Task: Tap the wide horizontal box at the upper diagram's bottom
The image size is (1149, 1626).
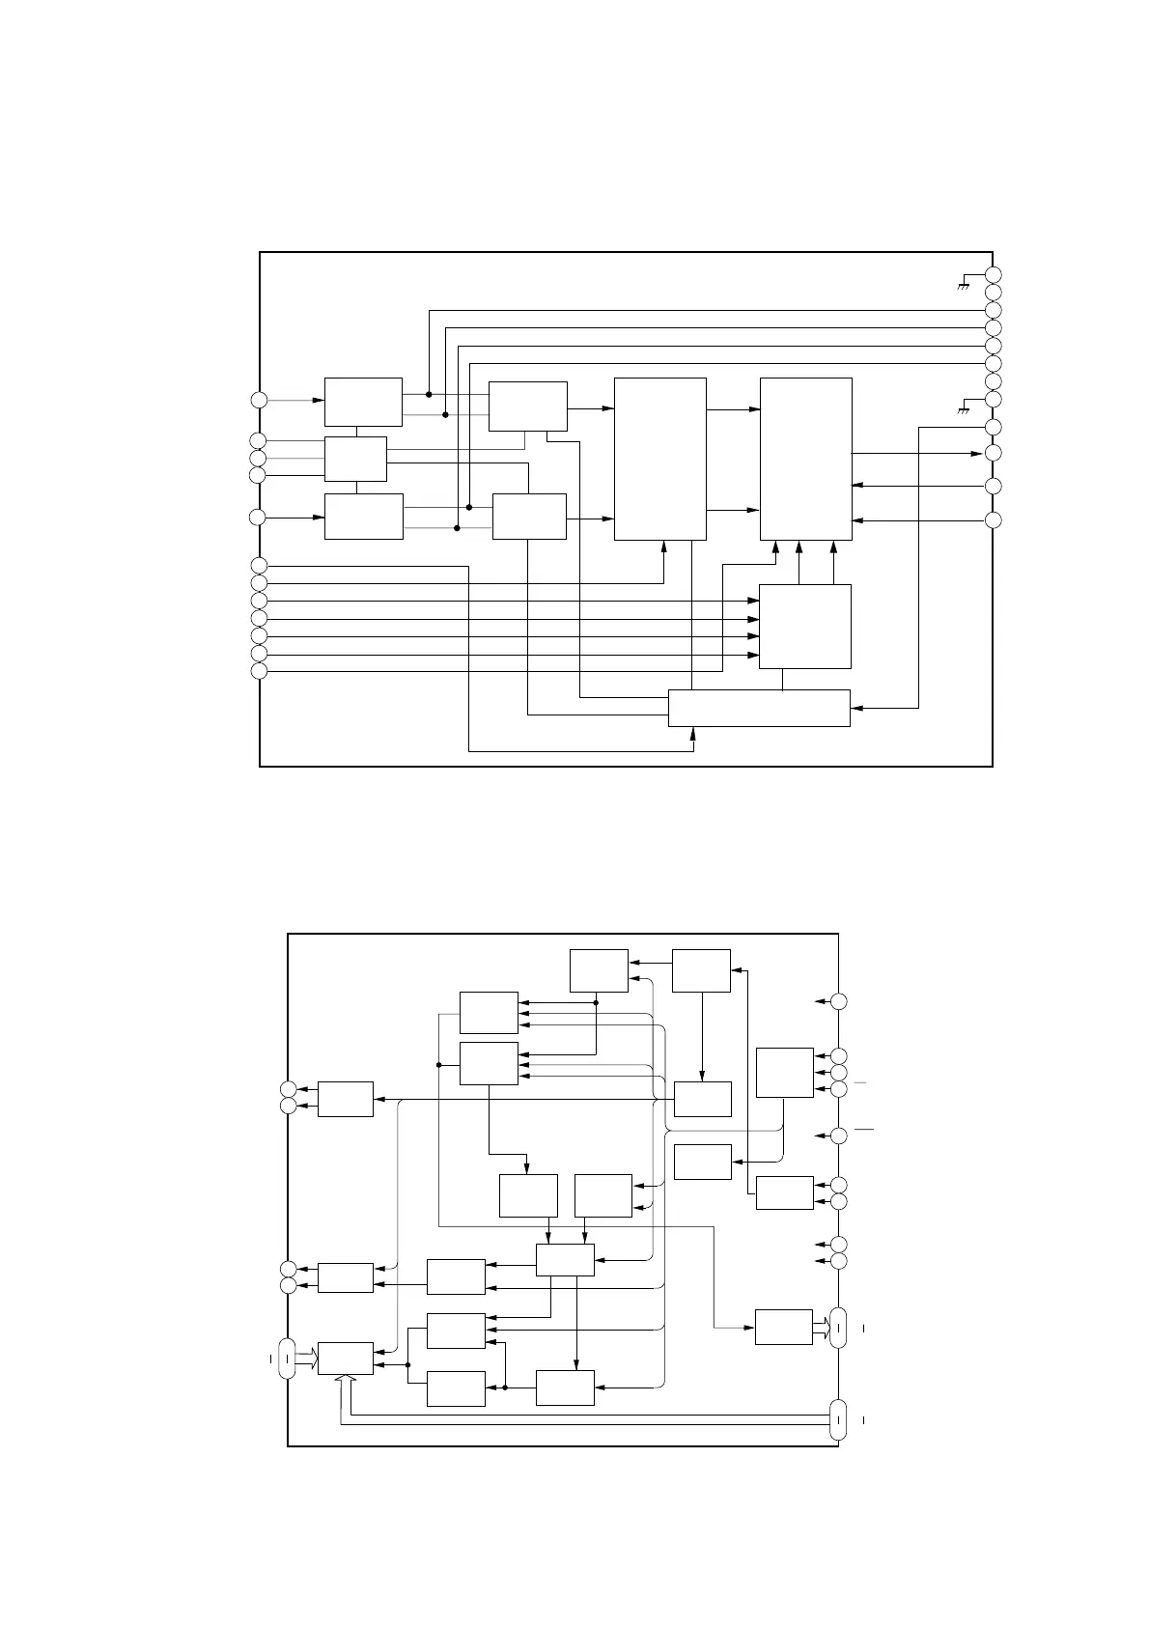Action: pyautogui.click(x=759, y=708)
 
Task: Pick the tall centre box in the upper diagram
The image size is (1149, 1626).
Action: pyautogui.click(x=660, y=459)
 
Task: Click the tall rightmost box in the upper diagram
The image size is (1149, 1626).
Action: pyautogui.click(x=806, y=459)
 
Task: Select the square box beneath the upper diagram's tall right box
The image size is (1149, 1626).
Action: pyautogui.click(x=805, y=626)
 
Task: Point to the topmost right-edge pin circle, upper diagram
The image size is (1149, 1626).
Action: pyautogui.click(x=993, y=274)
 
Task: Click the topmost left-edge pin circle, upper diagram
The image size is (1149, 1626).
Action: pyautogui.click(x=258, y=400)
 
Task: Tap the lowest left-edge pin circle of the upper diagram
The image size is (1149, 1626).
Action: pyautogui.click(x=258, y=671)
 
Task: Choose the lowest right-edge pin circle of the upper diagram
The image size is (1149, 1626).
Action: pyautogui.click(x=993, y=521)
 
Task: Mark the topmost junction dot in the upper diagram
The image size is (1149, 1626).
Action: pyautogui.click(x=429, y=394)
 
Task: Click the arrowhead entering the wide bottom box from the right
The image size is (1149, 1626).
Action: pyautogui.click(x=855, y=708)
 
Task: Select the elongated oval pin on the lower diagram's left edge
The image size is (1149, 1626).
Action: pyautogui.click(x=287, y=1359)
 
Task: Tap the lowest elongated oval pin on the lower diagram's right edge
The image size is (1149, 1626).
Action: pyautogui.click(x=838, y=1420)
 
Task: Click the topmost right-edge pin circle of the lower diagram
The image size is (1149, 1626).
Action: pyautogui.click(x=839, y=1002)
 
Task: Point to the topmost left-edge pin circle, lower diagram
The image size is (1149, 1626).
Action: pyautogui.click(x=288, y=1089)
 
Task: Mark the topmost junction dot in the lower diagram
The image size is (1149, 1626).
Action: pyautogui.click(x=596, y=1002)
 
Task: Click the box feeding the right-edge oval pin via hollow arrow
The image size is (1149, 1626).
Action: pyautogui.click(x=784, y=1327)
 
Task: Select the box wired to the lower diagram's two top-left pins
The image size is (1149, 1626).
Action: pyautogui.click(x=346, y=1099)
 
